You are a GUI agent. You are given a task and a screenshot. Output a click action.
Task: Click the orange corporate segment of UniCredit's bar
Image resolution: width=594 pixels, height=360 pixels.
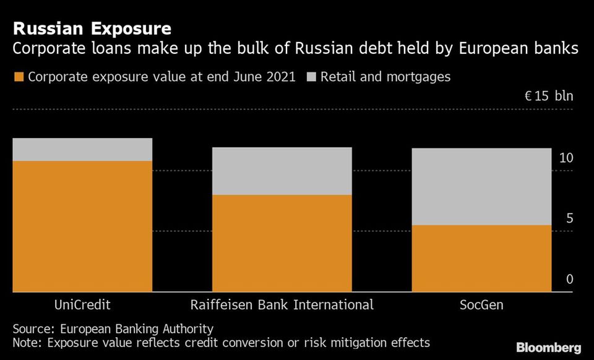coord(82,226)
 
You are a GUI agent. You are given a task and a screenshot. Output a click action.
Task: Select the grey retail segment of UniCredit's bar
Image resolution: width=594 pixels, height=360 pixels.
coord(82,150)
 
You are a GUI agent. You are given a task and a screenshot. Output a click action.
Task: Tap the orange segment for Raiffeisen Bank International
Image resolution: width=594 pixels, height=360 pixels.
coord(282,243)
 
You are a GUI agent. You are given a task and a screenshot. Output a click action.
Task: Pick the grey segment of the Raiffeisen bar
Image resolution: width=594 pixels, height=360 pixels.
coord(282,171)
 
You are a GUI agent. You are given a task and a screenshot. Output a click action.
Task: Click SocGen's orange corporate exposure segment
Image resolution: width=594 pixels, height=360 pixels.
coord(482,258)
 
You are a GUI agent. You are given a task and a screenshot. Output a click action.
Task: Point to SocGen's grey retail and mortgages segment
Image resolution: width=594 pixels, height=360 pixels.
coord(482,186)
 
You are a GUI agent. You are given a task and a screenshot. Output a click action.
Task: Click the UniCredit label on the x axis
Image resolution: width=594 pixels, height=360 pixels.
coord(82,305)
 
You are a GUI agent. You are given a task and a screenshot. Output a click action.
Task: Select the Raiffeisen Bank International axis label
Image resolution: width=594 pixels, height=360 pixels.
coord(282,305)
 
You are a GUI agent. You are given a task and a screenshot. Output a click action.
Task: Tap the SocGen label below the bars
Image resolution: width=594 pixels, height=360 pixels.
coord(482,305)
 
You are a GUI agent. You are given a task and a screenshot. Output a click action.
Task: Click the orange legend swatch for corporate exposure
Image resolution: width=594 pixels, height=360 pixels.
coord(18,77)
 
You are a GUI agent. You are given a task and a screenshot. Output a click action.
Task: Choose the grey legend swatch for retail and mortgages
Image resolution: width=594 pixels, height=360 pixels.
coord(311,77)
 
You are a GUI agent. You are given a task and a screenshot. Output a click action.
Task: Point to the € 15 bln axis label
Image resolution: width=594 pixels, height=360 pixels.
coord(548,96)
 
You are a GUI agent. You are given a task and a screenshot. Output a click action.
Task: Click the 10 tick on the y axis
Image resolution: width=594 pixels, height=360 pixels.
coord(566,158)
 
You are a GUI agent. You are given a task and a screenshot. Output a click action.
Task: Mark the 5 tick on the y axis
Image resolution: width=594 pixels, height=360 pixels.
coord(569,219)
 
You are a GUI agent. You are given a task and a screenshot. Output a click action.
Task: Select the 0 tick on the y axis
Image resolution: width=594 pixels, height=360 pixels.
coord(569,280)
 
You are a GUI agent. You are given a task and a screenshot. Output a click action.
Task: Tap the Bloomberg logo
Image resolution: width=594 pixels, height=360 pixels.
coord(549,347)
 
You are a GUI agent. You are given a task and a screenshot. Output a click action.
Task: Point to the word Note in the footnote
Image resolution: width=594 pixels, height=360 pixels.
coord(27,343)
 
